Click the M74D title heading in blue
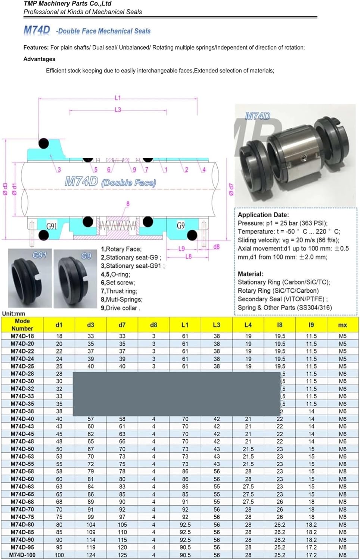point(37,30)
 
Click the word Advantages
point(39,59)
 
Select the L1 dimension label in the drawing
point(118,98)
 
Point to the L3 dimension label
point(118,110)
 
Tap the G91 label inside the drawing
point(52,226)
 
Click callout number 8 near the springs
point(128,204)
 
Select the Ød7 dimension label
point(231,189)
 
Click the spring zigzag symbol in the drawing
point(118,225)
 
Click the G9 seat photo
point(74,278)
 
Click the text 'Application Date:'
point(263,215)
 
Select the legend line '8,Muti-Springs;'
point(121,299)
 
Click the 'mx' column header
point(342,325)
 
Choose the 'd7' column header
point(122,325)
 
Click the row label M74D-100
point(22,555)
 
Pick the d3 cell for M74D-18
point(91,336)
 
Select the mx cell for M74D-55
point(342,464)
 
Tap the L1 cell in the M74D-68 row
point(185,502)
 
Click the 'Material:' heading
point(250,274)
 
